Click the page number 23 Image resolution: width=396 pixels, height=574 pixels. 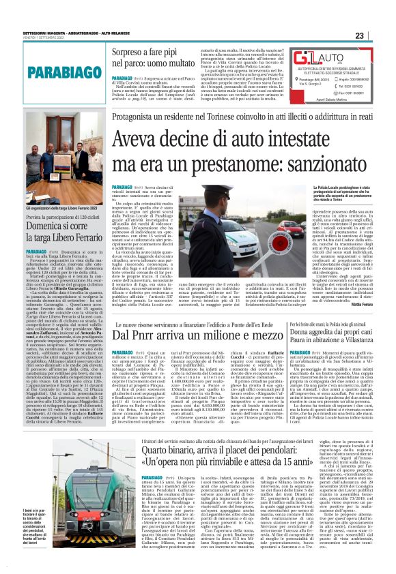[x=379, y=35]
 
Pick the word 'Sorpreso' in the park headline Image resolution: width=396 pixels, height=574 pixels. [x=128, y=50]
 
